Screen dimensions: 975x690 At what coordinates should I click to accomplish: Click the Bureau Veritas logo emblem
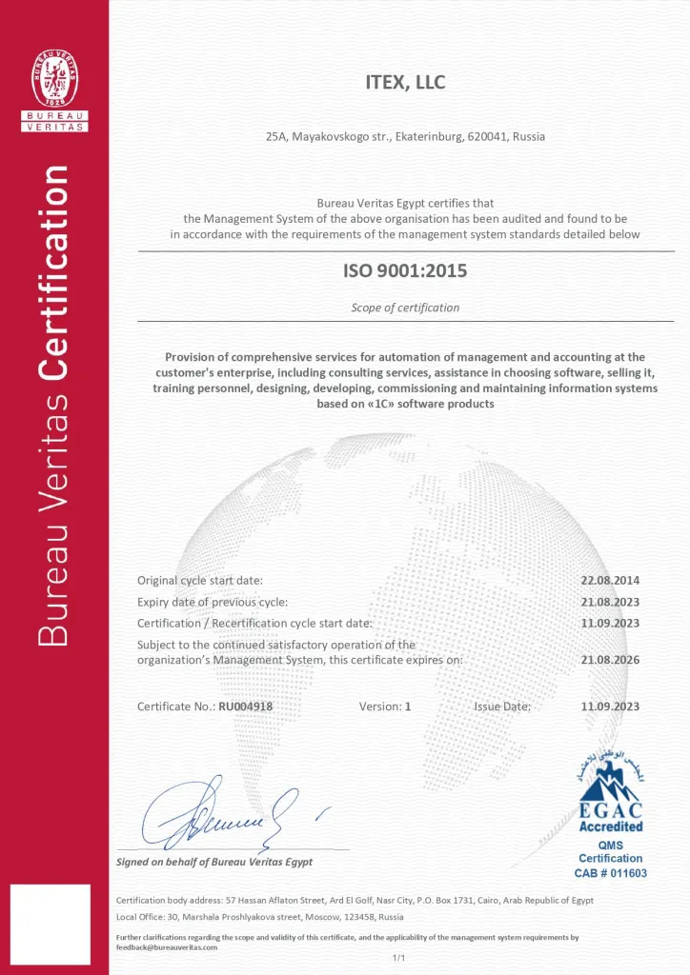[x=55, y=79]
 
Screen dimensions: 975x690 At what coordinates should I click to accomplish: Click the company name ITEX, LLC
[x=406, y=83]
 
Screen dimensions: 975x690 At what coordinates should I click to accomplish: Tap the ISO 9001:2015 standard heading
[x=405, y=270]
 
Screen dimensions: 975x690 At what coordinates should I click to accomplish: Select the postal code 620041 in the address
[x=487, y=137]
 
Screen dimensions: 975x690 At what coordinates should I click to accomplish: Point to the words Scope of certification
[x=405, y=308]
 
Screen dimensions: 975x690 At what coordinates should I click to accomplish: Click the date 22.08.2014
[x=610, y=580]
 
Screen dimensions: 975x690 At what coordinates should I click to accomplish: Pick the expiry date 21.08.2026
[x=610, y=658]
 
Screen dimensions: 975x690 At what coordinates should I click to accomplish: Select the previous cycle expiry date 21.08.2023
[x=610, y=602]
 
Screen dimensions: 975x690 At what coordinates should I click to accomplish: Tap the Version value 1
[x=408, y=706]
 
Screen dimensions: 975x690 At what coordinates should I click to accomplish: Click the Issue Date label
[x=502, y=706]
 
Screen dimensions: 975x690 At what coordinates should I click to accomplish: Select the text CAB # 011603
[x=610, y=872]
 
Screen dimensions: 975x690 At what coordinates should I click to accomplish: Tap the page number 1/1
[x=398, y=957]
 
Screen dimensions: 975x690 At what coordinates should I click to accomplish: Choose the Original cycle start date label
[x=200, y=580]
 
